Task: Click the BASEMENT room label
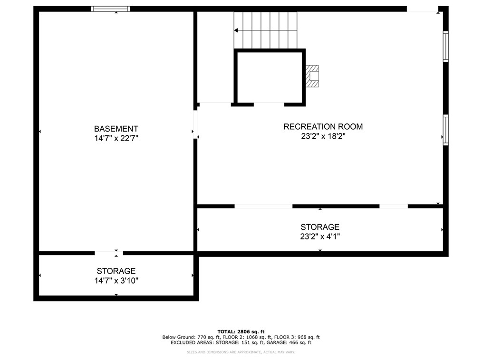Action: tap(116, 129)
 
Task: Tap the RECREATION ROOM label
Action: tap(323, 127)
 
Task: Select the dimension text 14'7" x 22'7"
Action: tap(116, 139)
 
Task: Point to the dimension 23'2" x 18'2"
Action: tap(323, 136)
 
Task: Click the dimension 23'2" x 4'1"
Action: tap(319, 236)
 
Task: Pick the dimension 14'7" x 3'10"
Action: tap(116, 281)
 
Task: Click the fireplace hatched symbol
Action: tap(313, 76)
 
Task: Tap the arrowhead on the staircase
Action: tap(236, 30)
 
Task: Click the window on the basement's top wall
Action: tap(111, 9)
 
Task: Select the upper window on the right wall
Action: tap(445, 46)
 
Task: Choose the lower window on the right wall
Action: tap(445, 130)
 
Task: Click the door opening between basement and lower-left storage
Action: tap(109, 253)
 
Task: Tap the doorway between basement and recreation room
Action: tap(195, 125)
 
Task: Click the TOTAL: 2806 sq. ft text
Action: tap(241, 332)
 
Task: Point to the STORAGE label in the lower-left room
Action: tap(116, 271)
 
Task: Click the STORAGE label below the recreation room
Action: tap(319, 227)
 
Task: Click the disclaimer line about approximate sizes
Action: tap(241, 352)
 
